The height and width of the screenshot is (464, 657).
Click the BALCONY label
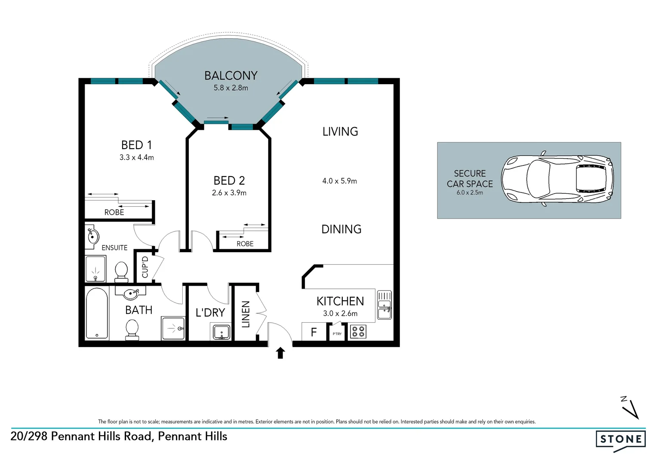tap(230, 76)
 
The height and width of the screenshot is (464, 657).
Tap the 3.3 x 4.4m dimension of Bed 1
tap(137, 158)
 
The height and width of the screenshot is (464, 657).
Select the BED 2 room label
tap(229, 180)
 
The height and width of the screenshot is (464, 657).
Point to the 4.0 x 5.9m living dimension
tap(340, 181)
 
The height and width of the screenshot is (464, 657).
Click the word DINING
tap(341, 229)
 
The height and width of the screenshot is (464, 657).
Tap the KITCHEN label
tap(340, 301)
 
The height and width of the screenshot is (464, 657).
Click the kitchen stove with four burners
tap(358, 332)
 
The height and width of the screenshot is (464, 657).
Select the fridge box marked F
tap(314, 332)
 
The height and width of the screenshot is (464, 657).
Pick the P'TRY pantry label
tap(337, 334)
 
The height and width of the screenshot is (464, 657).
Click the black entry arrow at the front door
tap(280, 353)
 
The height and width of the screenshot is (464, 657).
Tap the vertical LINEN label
tap(246, 314)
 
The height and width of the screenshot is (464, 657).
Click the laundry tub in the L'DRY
tap(221, 332)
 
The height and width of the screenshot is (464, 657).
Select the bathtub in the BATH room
tap(97, 313)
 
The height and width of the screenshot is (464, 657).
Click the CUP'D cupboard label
tap(145, 267)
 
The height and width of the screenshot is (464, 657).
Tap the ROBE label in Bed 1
tap(114, 212)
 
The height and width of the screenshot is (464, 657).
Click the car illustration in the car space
tap(557, 179)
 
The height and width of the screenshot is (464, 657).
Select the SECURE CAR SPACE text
tap(470, 179)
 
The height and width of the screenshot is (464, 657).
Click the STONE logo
tap(620, 440)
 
